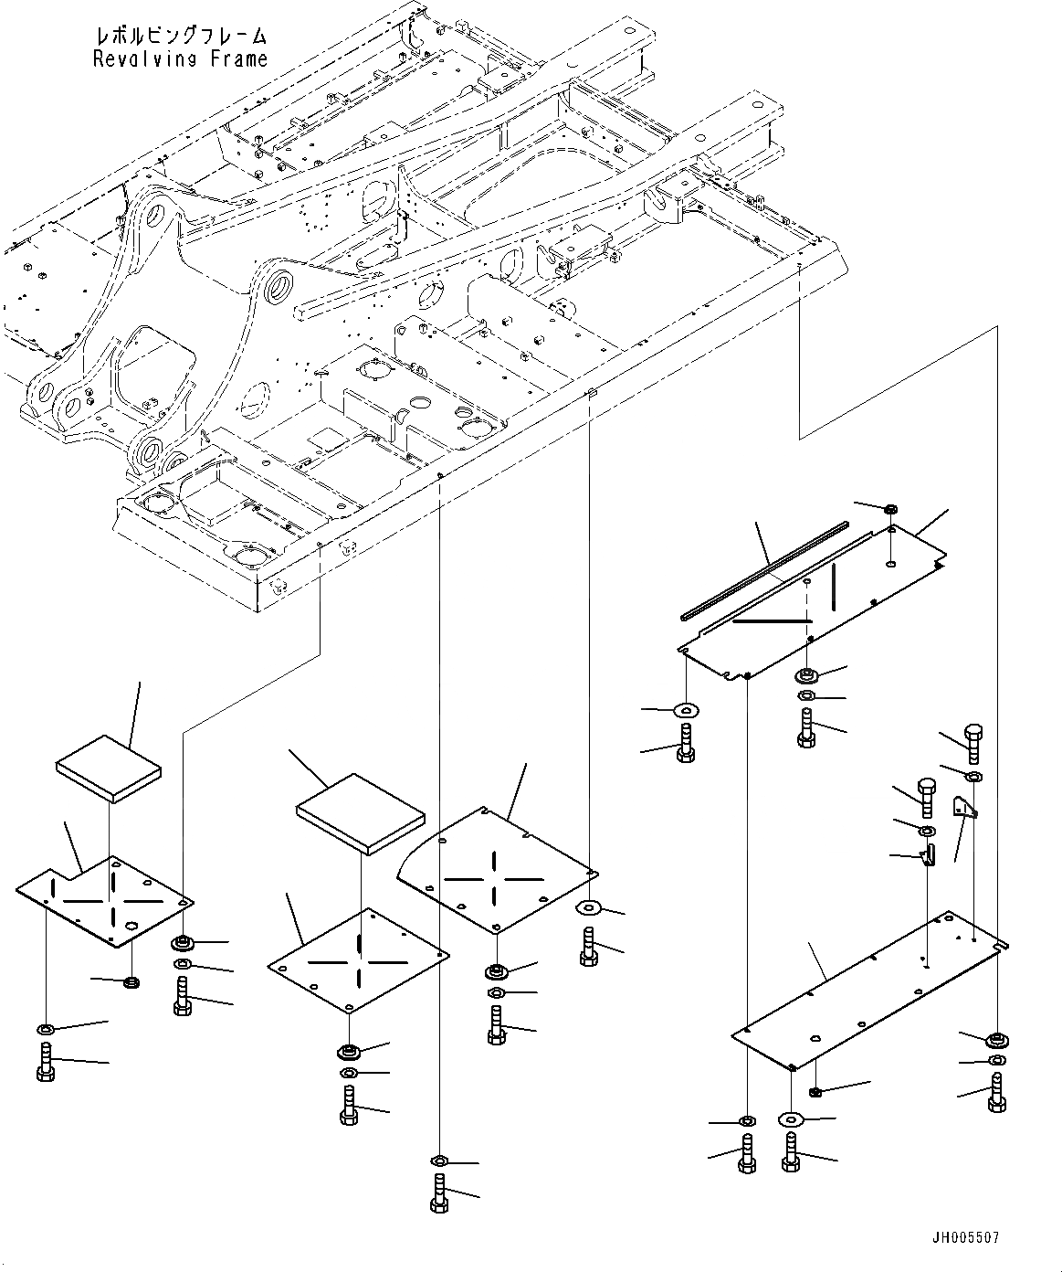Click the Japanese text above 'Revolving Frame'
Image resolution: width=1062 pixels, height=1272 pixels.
[180, 37]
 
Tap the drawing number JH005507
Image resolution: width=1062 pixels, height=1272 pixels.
[965, 1238]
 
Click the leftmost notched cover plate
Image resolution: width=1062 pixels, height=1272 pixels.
[105, 899]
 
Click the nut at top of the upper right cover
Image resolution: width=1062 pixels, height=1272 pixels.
[891, 509]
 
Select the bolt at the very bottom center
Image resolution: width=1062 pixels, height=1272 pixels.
[438, 1192]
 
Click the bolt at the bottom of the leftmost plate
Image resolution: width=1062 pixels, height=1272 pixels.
[47, 1063]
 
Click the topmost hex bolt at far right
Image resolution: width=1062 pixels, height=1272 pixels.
[972, 742]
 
